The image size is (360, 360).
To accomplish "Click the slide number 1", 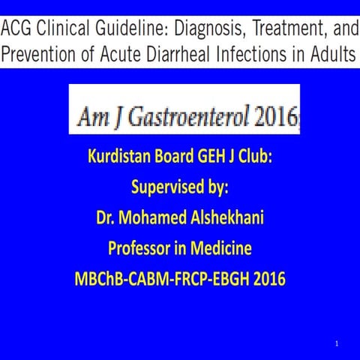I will click(338, 343).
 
